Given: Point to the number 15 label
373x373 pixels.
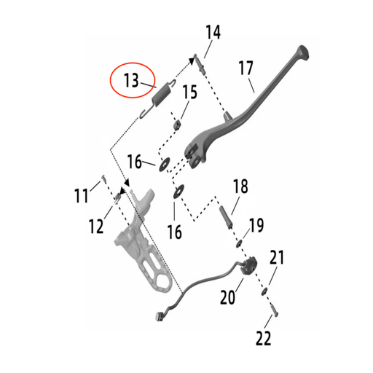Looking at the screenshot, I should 189,93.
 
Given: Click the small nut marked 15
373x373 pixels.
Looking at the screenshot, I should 176,125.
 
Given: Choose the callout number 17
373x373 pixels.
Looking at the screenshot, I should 246,70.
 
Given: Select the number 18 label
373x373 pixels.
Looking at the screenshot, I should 240,186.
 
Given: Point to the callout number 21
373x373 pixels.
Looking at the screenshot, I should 277,258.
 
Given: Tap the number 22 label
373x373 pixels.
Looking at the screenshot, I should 264,337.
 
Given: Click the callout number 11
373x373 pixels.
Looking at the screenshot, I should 82,195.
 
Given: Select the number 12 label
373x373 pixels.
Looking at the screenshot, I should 96,227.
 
